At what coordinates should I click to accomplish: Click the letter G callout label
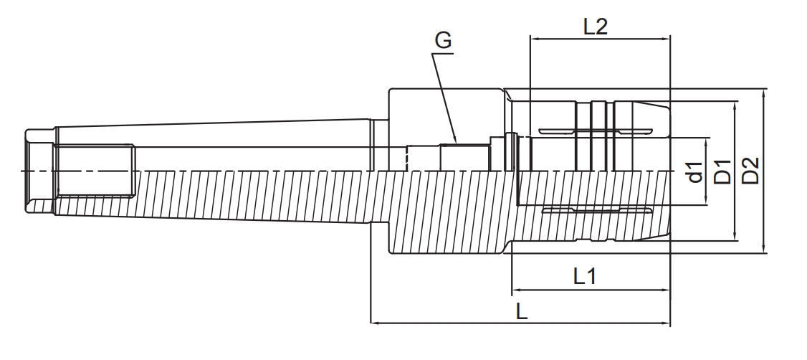444,42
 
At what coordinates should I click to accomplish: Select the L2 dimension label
595,27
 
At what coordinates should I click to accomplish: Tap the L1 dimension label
585,276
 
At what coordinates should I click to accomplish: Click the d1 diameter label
694,172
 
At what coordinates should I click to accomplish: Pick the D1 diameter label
723,172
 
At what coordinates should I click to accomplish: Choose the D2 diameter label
750,172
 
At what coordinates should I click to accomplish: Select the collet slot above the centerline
596,131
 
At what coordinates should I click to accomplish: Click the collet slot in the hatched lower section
596,210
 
